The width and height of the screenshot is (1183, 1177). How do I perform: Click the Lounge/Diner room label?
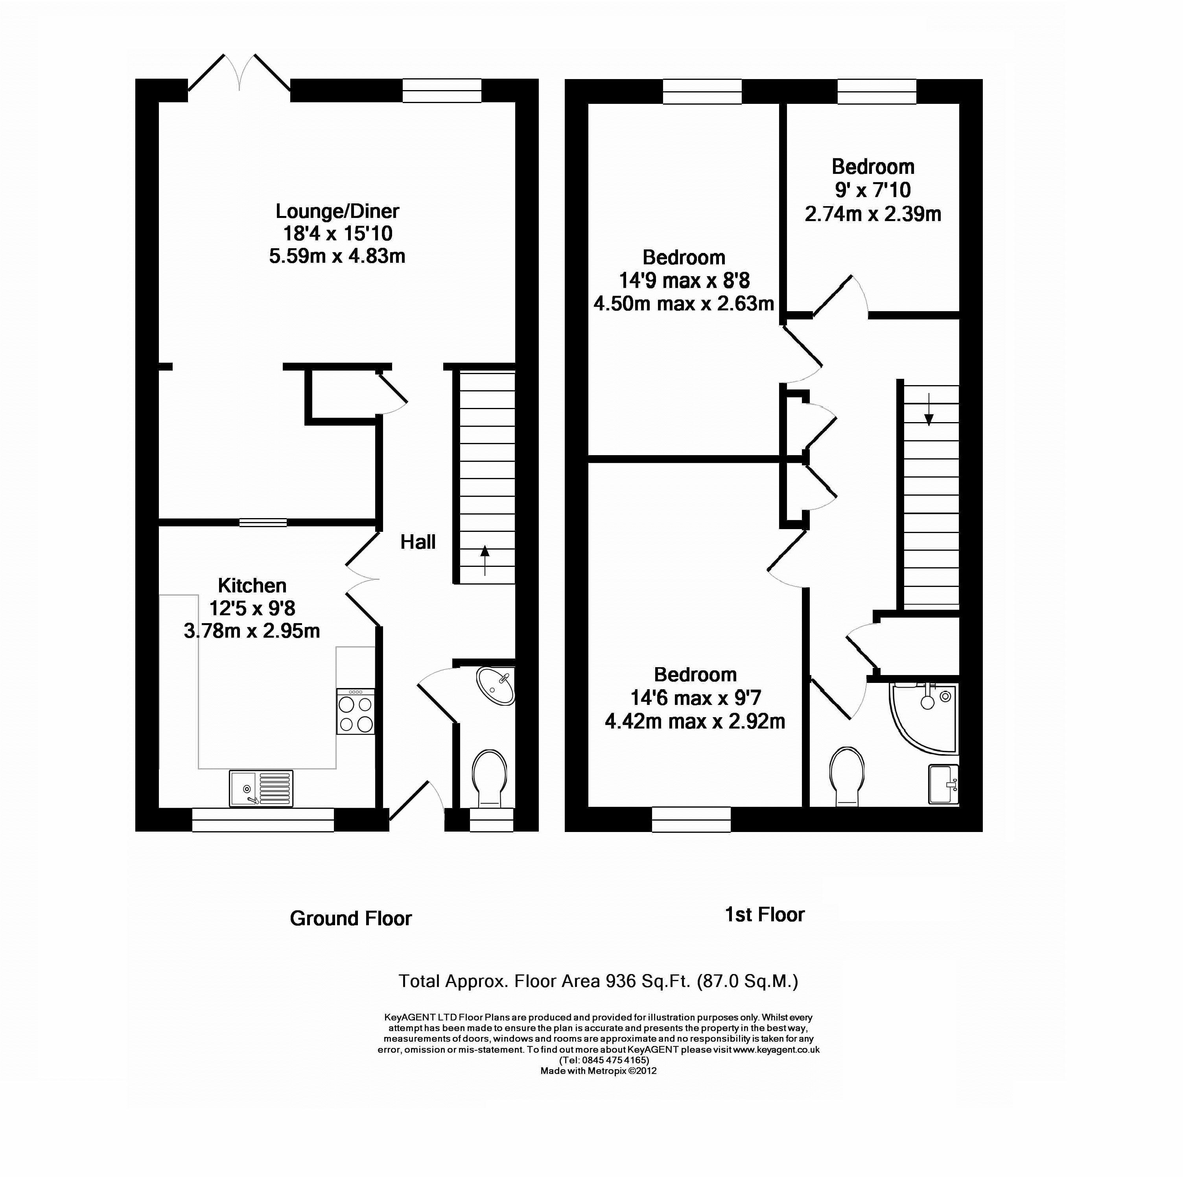337,211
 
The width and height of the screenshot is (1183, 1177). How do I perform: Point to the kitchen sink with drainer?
262,788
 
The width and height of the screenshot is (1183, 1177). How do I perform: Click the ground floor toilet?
489,779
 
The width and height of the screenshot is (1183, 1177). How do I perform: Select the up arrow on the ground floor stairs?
485,560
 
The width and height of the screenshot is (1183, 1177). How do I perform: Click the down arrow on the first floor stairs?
929,409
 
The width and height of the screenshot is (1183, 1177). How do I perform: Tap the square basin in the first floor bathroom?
943,784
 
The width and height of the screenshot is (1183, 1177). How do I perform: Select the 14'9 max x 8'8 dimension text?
684,280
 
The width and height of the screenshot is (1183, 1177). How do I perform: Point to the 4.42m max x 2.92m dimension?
695,721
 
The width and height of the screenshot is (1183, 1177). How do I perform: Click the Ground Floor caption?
351,919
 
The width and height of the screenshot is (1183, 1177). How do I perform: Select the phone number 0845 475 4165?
615,1077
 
